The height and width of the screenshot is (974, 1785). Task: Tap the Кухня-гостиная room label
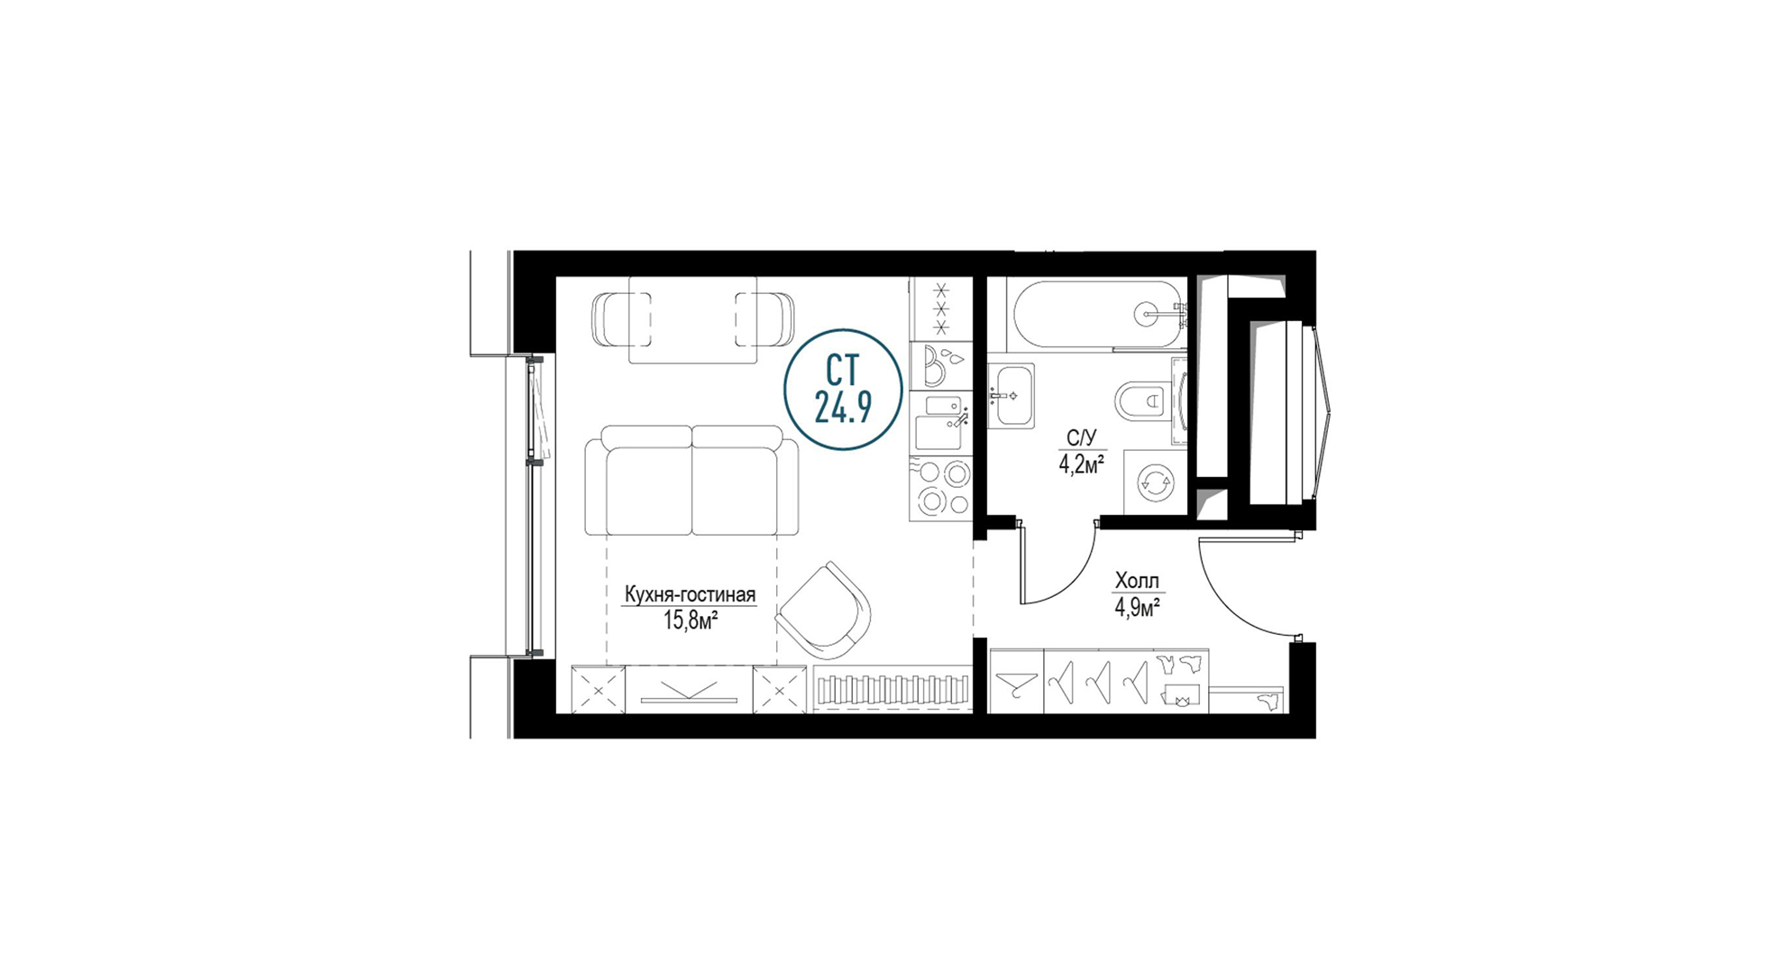(x=690, y=595)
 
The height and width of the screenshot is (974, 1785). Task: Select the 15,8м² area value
(x=691, y=620)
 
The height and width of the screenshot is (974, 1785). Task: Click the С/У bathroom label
(x=1081, y=438)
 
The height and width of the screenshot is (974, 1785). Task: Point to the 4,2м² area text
(x=1082, y=464)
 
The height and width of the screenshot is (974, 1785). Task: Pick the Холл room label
(x=1137, y=581)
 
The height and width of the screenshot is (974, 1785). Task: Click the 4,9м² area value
(x=1137, y=607)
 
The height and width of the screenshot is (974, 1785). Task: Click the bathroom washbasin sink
(x=1011, y=395)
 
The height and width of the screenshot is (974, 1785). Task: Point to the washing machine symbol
(x=1155, y=482)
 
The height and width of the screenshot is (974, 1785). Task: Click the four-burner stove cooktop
(x=941, y=488)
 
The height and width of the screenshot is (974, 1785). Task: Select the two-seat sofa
(x=691, y=481)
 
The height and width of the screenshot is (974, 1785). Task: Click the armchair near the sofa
(x=823, y=611)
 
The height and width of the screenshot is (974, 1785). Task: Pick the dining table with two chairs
(x=693, y=319)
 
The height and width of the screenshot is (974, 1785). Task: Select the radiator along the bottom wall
(x=892, y=690)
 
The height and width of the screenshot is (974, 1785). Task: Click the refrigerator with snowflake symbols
(x=941, y=308)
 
